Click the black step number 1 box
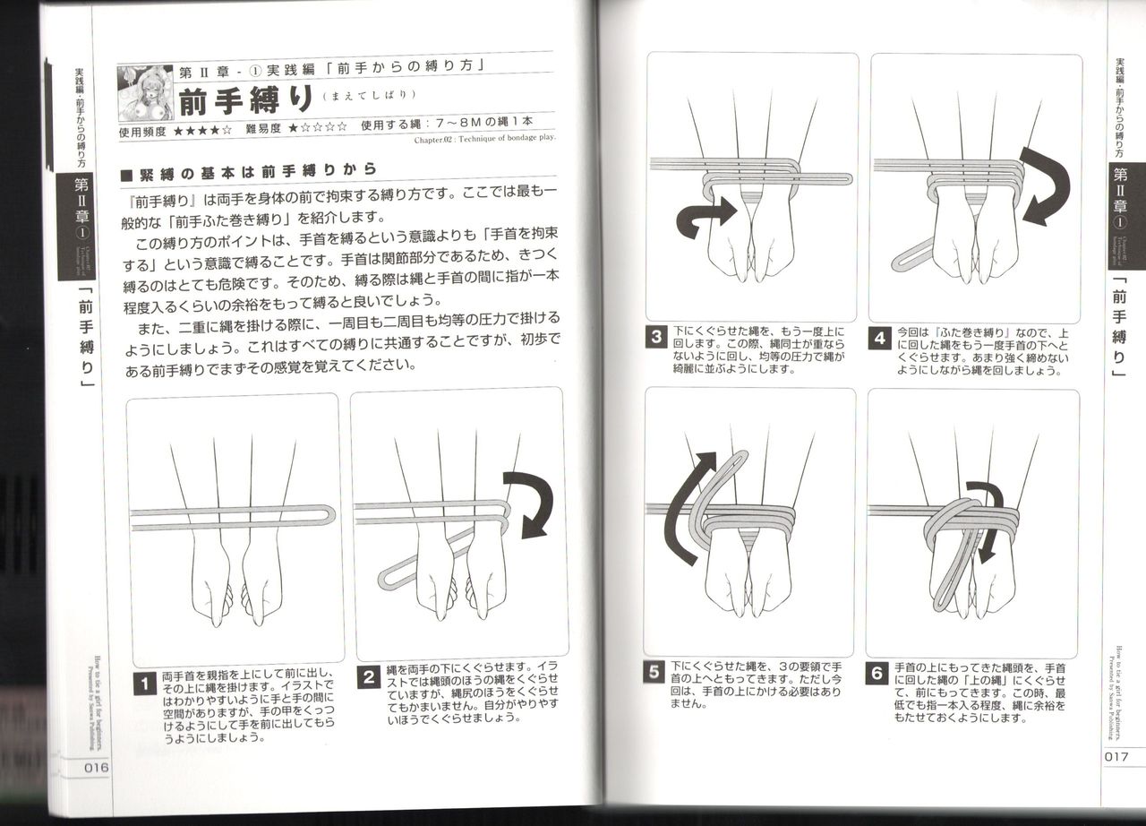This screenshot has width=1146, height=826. click(143, 684)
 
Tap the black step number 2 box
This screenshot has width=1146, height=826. click(367, 677)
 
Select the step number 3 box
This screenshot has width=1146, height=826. click(656, 339)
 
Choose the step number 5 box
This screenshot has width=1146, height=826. click(654, 672)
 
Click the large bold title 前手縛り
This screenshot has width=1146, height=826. click(244, 100)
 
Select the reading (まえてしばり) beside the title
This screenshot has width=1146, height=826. click(366, 97)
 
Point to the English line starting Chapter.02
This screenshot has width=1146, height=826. click(484, 139)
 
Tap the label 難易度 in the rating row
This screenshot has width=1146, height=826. click(265, 128)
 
